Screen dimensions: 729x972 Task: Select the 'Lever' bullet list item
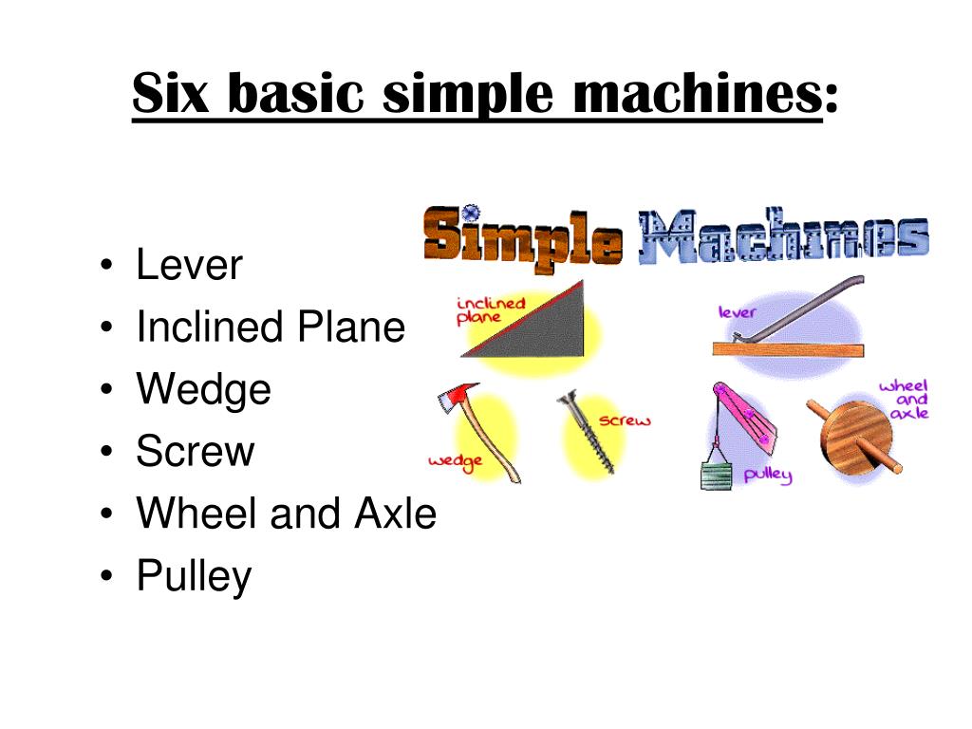(190, 265)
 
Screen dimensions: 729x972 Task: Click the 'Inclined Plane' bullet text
(271, 327)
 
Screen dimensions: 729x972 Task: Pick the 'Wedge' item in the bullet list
(203, 390)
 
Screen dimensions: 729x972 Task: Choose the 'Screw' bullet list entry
(196, 452)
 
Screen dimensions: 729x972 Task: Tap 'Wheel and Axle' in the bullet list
(287, 514)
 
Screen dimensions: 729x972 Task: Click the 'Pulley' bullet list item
(194, 576)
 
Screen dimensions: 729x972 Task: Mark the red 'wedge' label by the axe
(456, 460)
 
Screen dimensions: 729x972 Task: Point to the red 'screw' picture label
(625, 421)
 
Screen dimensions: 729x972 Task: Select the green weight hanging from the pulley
(718, 474)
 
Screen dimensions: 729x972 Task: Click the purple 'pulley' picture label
(768, 474)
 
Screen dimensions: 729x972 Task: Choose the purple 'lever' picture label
(737, 310)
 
